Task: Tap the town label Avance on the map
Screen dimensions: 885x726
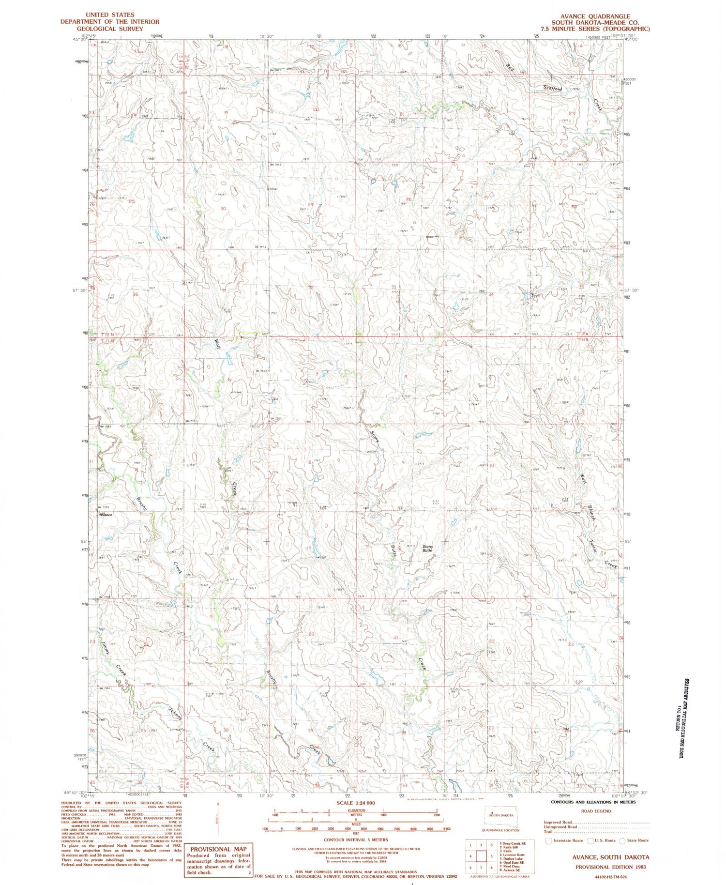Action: tap(106, 515)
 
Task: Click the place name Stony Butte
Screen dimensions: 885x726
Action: tap(427, 549)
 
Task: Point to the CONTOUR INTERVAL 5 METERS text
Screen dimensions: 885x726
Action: tap(356, 840)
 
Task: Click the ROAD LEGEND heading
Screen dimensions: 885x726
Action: tap(596, 811)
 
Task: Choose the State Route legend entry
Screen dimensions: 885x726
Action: tap(635, 840)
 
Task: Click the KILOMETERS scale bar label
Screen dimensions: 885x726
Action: tap(355, 810)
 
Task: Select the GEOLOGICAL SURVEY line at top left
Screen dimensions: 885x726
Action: tap(103, 29)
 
